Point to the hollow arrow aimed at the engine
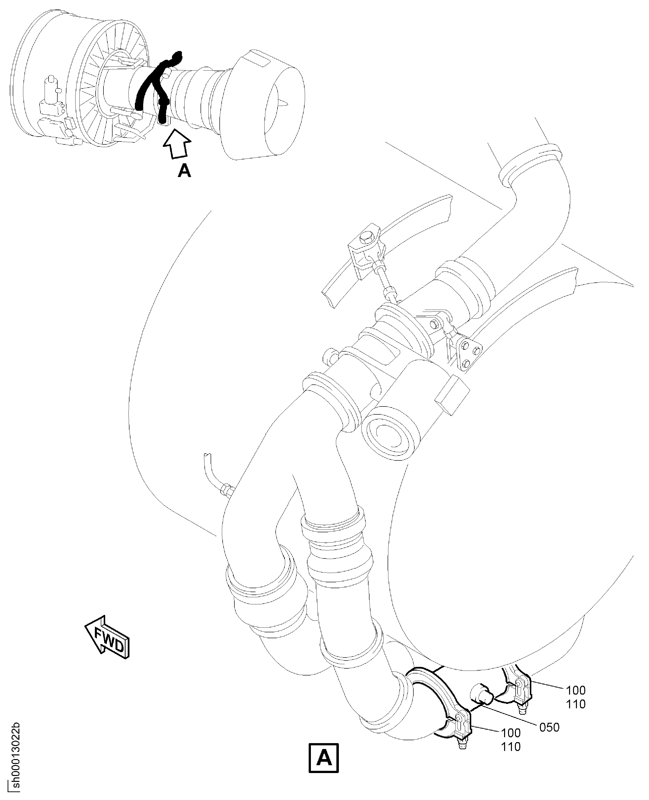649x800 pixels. [x=177, y=144]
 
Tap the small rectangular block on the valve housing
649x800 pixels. [x=452, y=395]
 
